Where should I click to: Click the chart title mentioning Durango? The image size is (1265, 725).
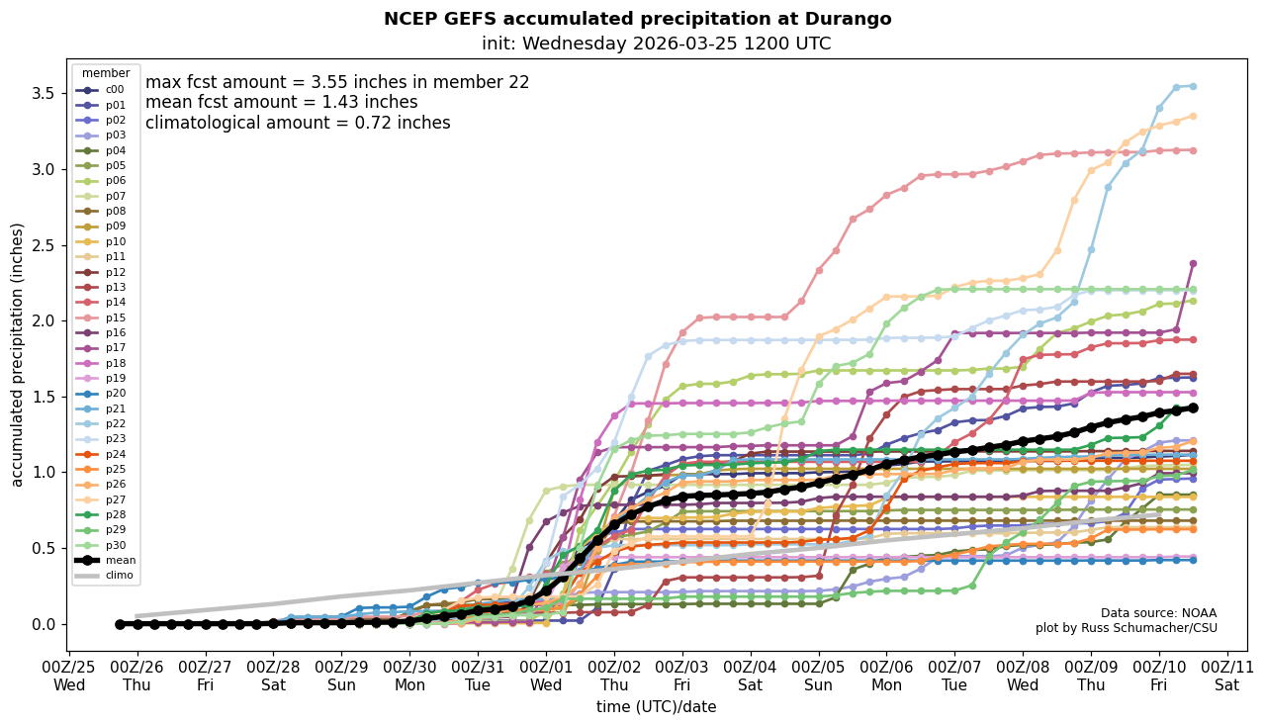click(x=637, y=19)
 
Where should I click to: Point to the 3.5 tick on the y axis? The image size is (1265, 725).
click(x=45, y=93)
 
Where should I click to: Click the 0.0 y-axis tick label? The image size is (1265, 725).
click(x=45, y=624)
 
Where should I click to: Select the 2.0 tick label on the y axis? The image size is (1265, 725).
click(x=45, y=320)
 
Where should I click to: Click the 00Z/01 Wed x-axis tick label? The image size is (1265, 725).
click(x=546, y=675)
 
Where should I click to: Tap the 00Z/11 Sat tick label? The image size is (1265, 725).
click(x=1227, y=675)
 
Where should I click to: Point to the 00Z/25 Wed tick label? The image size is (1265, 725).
click(x=69, y=675)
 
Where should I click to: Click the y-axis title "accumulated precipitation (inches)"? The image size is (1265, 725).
click(x=17, y=354)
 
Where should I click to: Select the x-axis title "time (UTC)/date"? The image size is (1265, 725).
click(x=656, y=707)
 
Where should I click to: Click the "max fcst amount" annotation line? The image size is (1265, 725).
click(x=337, y=83)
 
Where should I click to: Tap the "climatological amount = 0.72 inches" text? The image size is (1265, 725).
click(x=298, y=124)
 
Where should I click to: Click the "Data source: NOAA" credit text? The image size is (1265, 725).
click(x=1158, y=613)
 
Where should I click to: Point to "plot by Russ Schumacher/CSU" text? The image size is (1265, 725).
click(x=1126, y=628)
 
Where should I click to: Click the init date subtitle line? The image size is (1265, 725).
click(x=656, y=45)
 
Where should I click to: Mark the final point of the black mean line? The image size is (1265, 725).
click(x=1193, y=408)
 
